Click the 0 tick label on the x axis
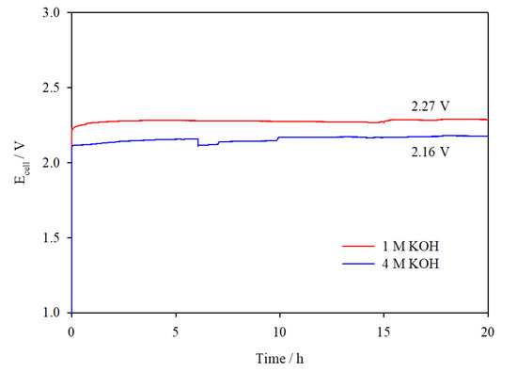pos(71,331)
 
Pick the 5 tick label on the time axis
pos(176,331)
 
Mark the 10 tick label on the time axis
pos(280,331)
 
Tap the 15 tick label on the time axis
pos(384,331)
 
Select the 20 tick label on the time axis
pos(487,331)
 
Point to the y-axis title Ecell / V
pos(23,163)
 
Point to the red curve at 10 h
pos(280,121)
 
